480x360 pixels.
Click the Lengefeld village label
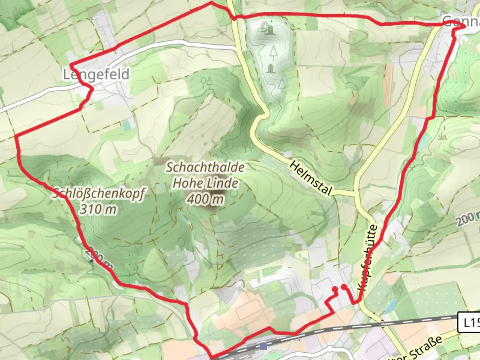pyautogui.click(x=96, y=74)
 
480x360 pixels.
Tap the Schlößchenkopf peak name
pyautogui.click(x=99, y=193)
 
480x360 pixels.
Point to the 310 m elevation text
pyautogui.click(x=98, y=209)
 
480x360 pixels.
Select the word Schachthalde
pyautogui.click(x=205, y=167)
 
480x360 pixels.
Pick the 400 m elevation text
pyautogui.click(x=205, y=199)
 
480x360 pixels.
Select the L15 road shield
pyautogui.click(x=469, y=322)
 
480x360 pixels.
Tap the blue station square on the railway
pyautogui.click(x=264, y=346)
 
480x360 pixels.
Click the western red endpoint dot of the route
pyautogui.click(x=335, y=289)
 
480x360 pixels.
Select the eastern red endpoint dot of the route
pyautogui.click(x=344, y=286)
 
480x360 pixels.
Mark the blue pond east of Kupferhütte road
pyautogui.click(x=391, y=305)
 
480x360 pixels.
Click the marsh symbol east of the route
pyautogui.click(x=443, y=136)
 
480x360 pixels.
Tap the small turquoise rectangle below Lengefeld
pyautogui.click(x=127, y=125)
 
